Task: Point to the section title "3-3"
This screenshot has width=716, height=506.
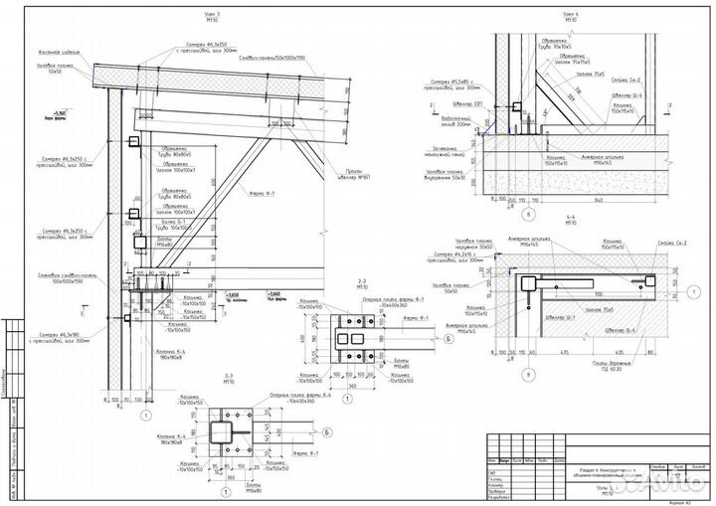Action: coord(229,375)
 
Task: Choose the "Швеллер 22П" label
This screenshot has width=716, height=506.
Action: coord(453,103)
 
